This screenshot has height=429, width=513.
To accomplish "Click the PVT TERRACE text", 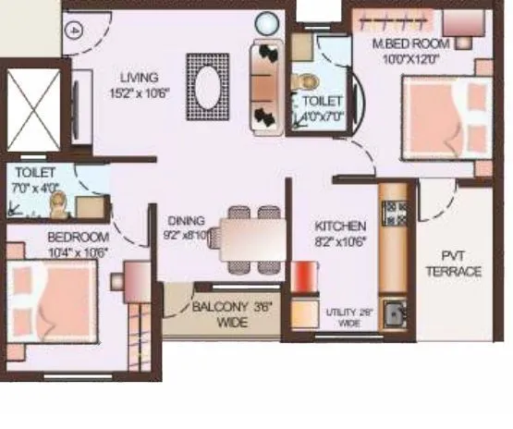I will click(459, 264).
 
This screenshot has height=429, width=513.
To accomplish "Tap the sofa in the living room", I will click(265, 86).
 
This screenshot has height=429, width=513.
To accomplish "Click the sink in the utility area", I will click(397, 313).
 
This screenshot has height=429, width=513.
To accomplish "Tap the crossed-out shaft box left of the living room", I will click(33, 110).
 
